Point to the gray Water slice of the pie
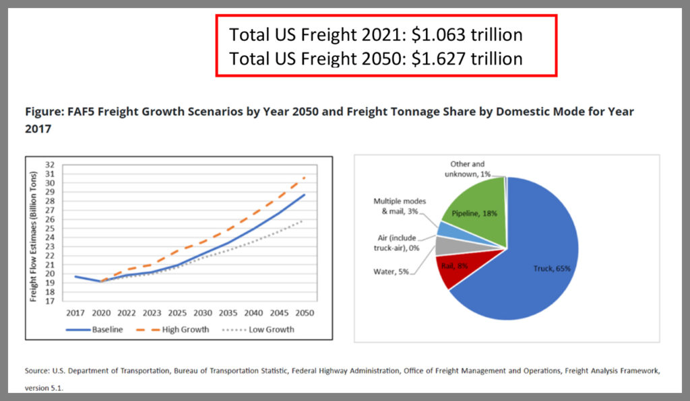click(445, 245)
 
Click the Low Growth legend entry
click(269, 330)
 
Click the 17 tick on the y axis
click(49, 301)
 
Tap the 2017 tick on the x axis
click(74, 313)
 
